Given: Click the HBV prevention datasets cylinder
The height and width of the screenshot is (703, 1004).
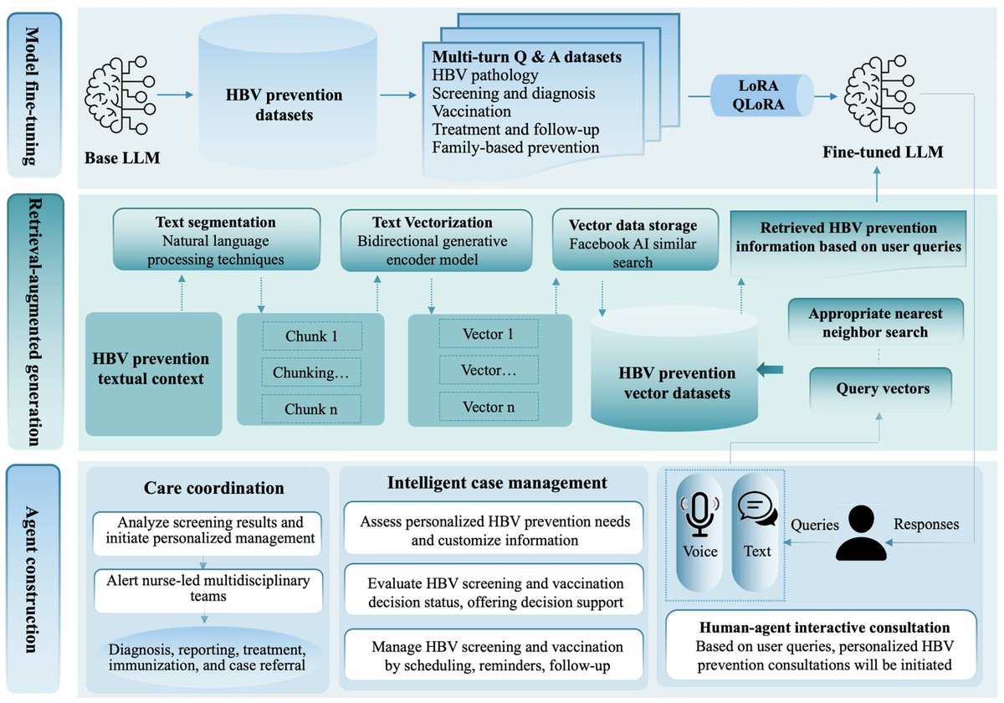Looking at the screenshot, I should (284, 105).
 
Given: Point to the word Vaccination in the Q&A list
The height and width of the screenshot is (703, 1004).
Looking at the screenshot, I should (471, 111).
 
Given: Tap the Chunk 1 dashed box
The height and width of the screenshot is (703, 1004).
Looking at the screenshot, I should (311, 336).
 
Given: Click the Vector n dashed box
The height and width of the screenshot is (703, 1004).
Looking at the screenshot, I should (489, 407).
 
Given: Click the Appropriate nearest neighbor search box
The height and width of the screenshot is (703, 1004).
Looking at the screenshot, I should (874, 323).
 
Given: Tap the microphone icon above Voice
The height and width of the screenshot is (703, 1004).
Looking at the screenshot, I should (699, 514).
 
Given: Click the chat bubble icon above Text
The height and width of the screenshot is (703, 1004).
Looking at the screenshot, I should (756, 511).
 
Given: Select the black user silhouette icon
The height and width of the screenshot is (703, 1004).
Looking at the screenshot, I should (861, 532).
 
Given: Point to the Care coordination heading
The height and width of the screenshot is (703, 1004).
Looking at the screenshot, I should (213, 488).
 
